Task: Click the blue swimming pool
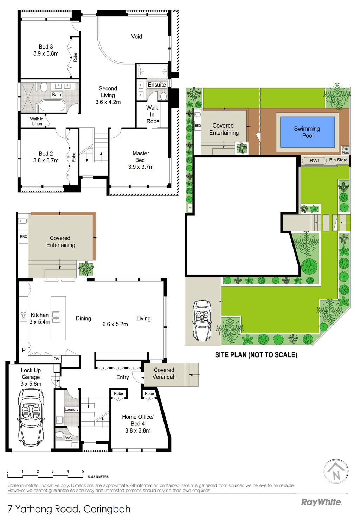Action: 307,132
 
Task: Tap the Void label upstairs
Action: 136,37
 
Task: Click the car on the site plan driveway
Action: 202,321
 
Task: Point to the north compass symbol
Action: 336,472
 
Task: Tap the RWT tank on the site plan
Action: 314,161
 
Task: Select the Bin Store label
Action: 338,160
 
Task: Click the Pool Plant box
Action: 345,151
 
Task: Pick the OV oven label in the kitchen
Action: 57,359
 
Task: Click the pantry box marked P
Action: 24,350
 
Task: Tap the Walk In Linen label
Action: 37,121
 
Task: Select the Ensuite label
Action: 156,85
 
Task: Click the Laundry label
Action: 71,409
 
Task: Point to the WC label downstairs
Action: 69,438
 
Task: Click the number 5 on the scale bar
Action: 83,471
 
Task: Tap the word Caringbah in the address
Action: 107,509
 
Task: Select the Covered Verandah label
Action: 164,373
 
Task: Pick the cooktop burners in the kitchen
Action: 24,316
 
